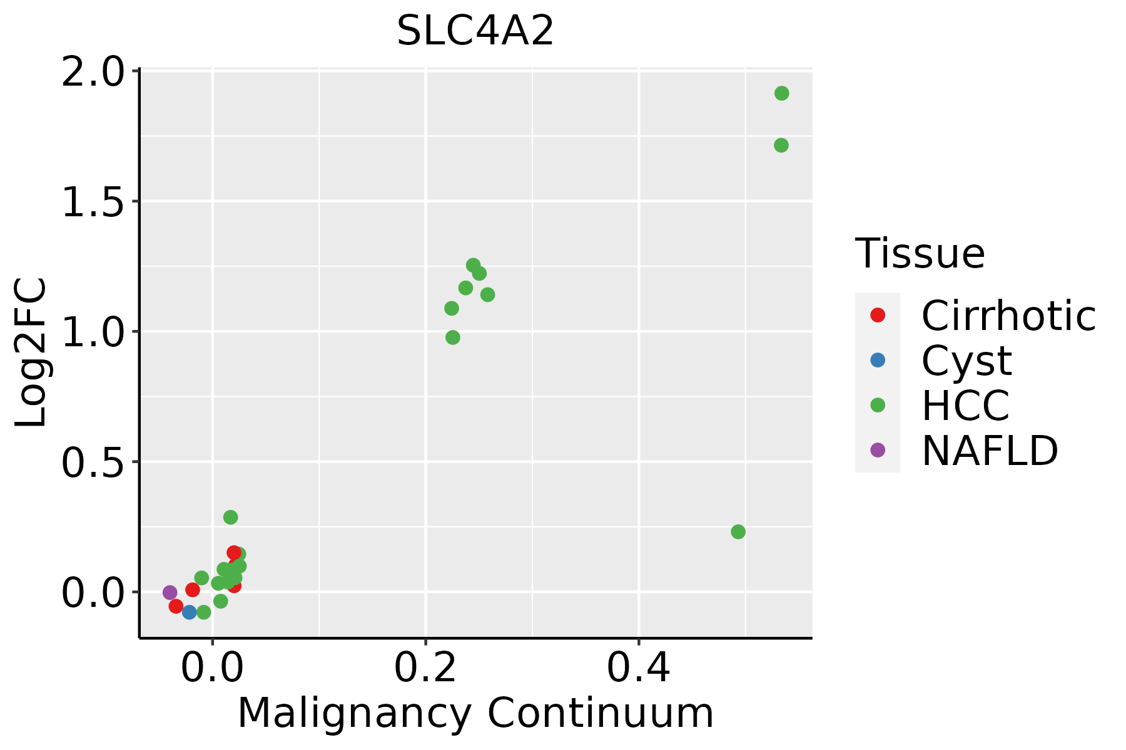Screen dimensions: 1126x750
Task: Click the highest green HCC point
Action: tap(781, 93)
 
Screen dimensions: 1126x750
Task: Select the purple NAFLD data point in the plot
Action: tap(170, 592)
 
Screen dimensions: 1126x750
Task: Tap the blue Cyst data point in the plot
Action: tap(190, 612)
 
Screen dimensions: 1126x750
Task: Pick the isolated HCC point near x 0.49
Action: tap(738, 532)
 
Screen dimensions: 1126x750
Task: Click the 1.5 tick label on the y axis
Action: tap(91, 202)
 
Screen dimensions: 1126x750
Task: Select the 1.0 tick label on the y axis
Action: tap(91, 332)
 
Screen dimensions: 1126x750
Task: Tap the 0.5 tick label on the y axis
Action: tap(91, 462)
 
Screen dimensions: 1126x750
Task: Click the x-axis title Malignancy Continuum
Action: tap(475, 713)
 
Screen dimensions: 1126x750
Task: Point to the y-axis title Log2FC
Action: tap(31, 353)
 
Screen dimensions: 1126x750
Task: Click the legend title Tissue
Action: tap(920, 253)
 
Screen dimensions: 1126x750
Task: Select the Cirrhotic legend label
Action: tap(1008, 316)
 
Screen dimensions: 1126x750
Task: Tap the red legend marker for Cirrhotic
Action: tap(878, 315)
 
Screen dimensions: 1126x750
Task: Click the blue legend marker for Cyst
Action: tap(878, 360)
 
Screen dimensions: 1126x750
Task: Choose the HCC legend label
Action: tap(966, 406)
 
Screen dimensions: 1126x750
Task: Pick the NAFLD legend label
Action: tap(990, 451)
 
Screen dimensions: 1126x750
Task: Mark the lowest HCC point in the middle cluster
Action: tap(453, 337)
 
